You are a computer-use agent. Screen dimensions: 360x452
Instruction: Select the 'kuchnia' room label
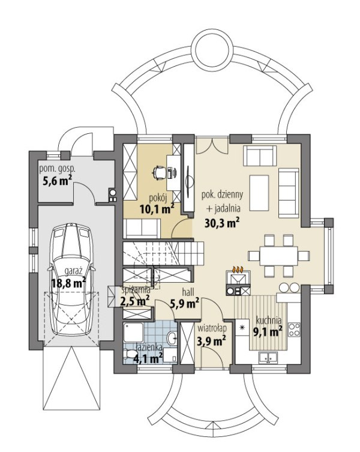click(x=269, y=321)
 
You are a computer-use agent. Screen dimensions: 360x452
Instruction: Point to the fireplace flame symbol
click(x=238, y=270)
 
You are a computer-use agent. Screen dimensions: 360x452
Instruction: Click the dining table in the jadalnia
click(x=279, y=256)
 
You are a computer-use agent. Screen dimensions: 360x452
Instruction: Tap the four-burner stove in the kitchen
click(x=294, y=330)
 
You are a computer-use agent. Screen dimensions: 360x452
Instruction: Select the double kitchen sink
click(x=268, y=357)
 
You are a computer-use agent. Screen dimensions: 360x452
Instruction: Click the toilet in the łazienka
click(x=130, y=354)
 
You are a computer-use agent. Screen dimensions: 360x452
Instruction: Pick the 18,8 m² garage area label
click(x=68, y=283)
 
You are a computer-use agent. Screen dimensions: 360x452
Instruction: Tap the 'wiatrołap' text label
click(x=212, y=328)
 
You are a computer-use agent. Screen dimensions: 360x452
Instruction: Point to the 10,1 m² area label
click(x=157, y=209)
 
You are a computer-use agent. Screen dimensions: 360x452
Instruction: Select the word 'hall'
click(x=188, y=292)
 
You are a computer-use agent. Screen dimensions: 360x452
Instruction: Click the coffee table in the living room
click(x=259, y=193)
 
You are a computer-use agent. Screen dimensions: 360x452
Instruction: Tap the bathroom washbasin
click(x=172, y=338)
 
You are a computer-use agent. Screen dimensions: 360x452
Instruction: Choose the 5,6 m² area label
click(x=57, y=181)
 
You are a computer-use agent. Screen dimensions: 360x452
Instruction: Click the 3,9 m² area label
click(x=211, y=341)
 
